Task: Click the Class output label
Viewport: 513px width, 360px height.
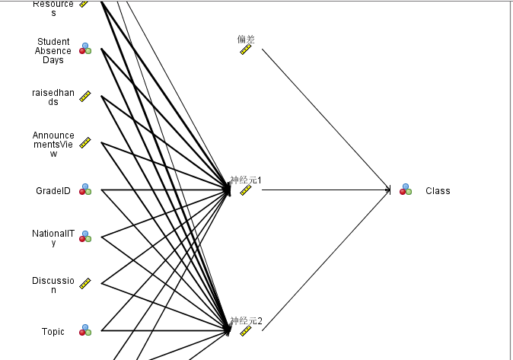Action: (x=438, y=191)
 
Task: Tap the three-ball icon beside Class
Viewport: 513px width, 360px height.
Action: (x=406, y=190)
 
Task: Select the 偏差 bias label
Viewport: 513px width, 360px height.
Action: (x=245, y=38)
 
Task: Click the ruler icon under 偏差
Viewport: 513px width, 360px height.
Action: (x=245, y=49)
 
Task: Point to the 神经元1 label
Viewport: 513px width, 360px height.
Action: (x=246, y=180)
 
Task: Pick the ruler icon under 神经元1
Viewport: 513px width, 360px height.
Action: (x=245, y=191)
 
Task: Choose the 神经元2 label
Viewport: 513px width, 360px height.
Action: (x=246, y=320)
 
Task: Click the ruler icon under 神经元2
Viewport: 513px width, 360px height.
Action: (x=245, y=332)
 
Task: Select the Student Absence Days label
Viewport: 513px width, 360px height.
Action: (x=53, y=51)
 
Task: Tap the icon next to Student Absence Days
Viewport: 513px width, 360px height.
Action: (x=85, y=49)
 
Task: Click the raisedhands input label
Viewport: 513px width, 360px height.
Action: (x=53, y=97)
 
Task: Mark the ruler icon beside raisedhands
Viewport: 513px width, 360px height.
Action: (x=85, y=97)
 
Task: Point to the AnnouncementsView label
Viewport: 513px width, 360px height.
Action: (x=53, y=145)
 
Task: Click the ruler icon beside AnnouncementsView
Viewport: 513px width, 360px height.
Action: (x=85, y=143)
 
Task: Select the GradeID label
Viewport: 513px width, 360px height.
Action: (x=53, y=191)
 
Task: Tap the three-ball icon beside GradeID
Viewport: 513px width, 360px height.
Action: (x=85, y=190)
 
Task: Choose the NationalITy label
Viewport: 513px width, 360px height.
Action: (x=53, y=237)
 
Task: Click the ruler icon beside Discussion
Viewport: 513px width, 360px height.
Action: (x=85, y=283)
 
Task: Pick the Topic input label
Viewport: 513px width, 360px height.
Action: (x=53, y=332)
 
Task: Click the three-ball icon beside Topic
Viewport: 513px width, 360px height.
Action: (x=85, y=330)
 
